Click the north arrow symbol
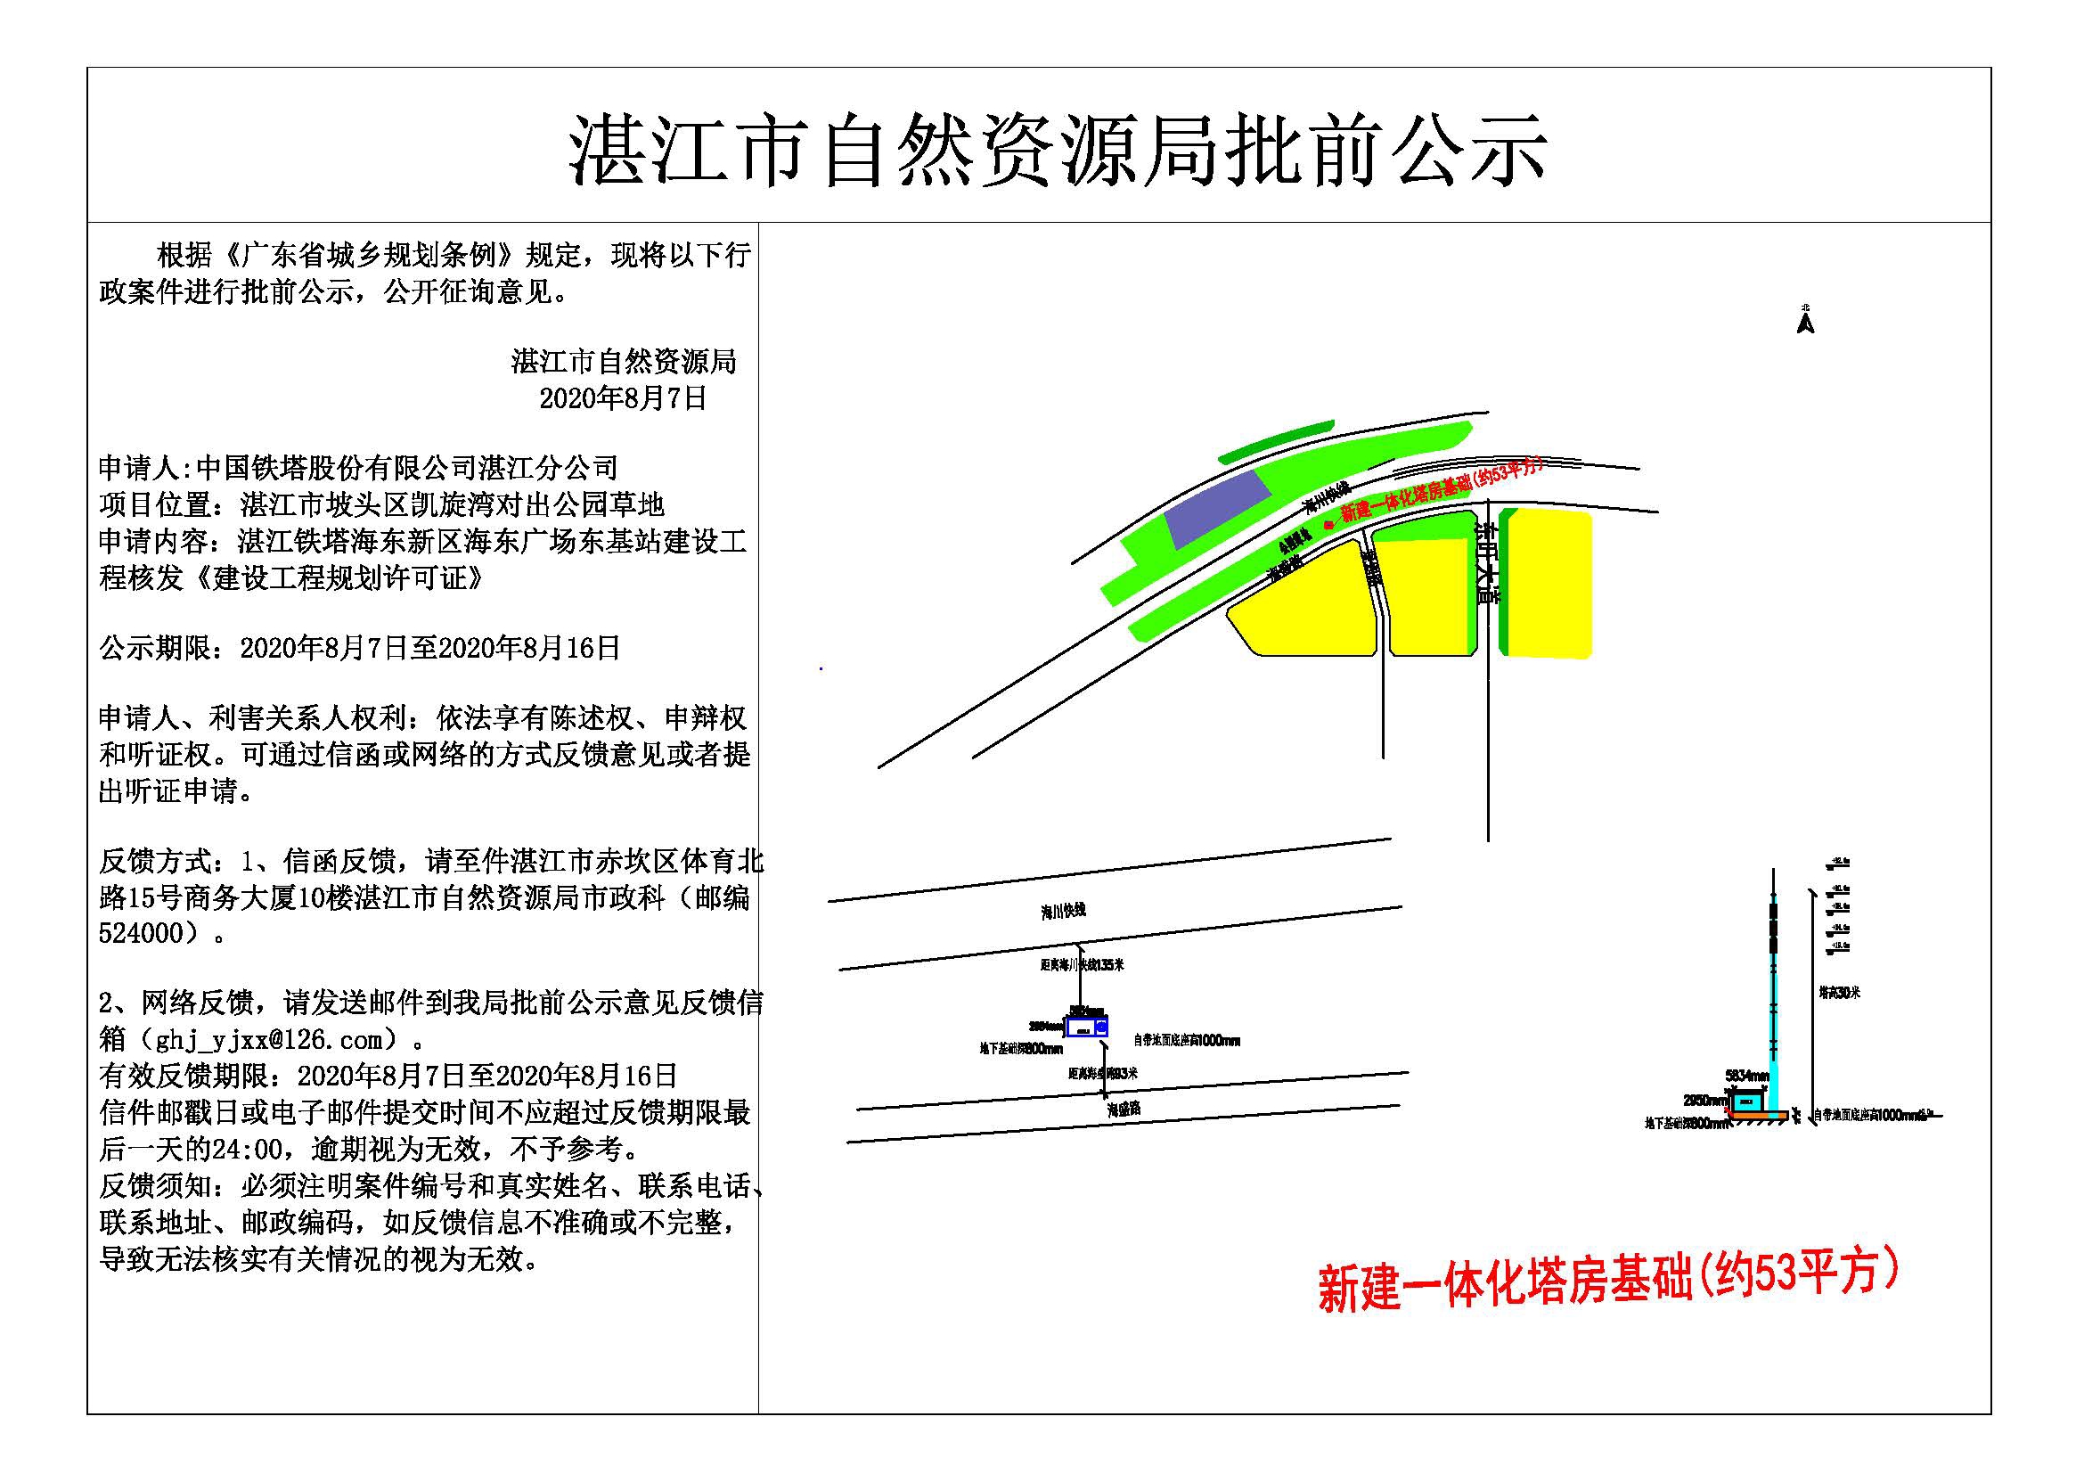[1804, 323]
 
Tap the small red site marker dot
[1328, 525]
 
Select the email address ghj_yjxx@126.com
[269, 1038]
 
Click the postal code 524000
[142, 933]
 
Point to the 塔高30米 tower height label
[1839, 993]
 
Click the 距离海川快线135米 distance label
[1082, 965]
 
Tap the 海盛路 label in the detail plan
[1123, 1110]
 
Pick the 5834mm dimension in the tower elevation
[1746, 1076]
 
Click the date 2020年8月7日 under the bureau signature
[623, 398]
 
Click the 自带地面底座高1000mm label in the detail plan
[1186, 1041]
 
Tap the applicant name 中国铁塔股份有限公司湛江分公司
[407, 469]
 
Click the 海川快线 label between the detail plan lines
[1063, 912]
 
